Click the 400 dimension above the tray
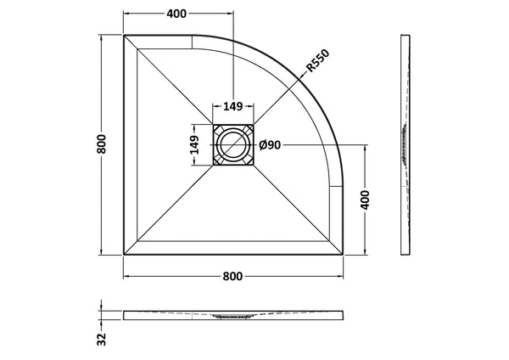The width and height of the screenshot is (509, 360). (x=176, y=14)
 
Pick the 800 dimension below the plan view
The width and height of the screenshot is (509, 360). (x=233, y=276)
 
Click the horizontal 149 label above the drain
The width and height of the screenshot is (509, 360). (x=232, y=106)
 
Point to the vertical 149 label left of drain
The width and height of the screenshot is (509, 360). (x=194, y=144)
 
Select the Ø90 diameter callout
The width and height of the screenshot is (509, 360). (x=270, y=145)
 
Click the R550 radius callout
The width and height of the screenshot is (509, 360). (x=317, y=64)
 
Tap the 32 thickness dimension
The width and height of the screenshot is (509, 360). (x=102, y=340)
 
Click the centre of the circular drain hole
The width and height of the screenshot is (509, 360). (x=232, y=145)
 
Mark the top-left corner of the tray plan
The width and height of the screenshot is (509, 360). (x=125, y=36)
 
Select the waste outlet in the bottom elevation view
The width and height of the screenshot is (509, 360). (x=232, y=315)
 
